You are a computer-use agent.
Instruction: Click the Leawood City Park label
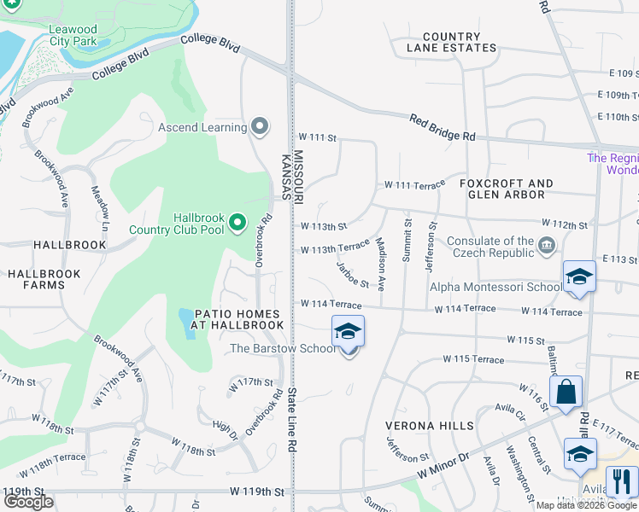pyautogui.click(x=73, y=35)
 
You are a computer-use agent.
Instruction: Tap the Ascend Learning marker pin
pyautogui.click(x=261, y=128)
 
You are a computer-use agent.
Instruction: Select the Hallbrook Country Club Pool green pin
pyautogui.click(x=238, y=224)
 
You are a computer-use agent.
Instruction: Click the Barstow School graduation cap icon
pyautogui.click(x=348, y=331)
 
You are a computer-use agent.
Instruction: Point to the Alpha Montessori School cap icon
pyautogui.click(x=579, y=276)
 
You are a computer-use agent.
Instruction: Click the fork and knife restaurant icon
pyautogui.click(x=621, y=481)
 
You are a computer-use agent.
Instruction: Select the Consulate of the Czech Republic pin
pyautogui.click(x=547, y=247)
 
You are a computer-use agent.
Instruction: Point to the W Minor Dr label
pyautogui.click(x=444, y=468)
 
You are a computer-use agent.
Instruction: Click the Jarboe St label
pyautogui.click(x=352, y=276)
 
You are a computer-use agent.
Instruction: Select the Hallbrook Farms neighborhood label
pyautogui.click(x=44, y=280)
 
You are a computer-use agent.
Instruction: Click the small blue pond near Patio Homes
pyautogui.click(x=187, y=323)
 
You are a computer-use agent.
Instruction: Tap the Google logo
pyautogui.click(x=28, y=503)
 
